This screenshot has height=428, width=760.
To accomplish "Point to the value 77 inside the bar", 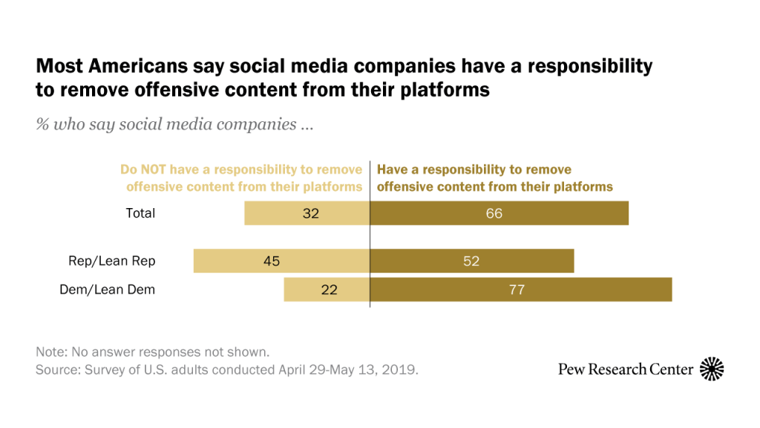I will (x=517, y=290).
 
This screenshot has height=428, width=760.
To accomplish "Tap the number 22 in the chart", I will (x=329, y=290).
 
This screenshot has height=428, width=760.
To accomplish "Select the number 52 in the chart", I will (x=472, y=261).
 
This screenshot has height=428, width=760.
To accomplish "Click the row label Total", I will (x=140, y=213).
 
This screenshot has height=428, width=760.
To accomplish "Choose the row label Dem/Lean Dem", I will (x=108, y=290).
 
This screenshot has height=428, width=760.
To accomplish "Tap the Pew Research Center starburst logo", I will (x=712, y=369).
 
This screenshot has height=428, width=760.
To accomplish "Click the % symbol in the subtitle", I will (x=42, y=124).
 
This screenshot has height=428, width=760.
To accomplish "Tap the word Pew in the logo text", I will (x=572, y=369).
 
